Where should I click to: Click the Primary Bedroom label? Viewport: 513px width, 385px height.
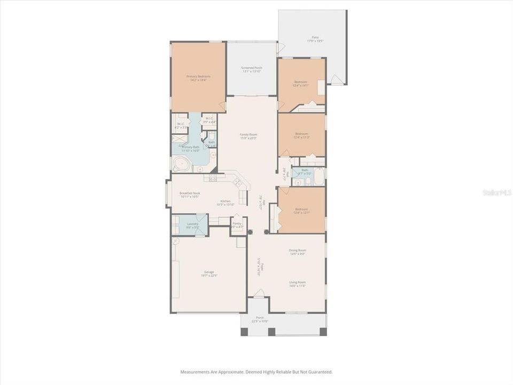[x=198, y=76]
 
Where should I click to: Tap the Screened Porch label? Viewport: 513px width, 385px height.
[x=252, y=68]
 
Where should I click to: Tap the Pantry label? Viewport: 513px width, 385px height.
[x=237, y=224]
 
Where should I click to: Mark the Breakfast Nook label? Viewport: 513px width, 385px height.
[x=189, y=192]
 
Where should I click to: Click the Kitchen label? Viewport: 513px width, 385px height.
[x=226, y=201]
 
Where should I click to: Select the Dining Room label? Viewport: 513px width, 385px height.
[x=297, y=250]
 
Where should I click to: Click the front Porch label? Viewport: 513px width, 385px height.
[x=260, y=318]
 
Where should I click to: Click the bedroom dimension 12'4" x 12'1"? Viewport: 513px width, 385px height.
[x=301, y=213]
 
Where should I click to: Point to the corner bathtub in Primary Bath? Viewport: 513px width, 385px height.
[x=178, y=164]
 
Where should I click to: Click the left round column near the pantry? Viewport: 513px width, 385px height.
[x=250, y=233]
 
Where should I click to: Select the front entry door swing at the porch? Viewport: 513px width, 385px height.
[x=259, y=293]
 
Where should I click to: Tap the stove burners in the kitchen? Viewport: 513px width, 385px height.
[x=212, y=178]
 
